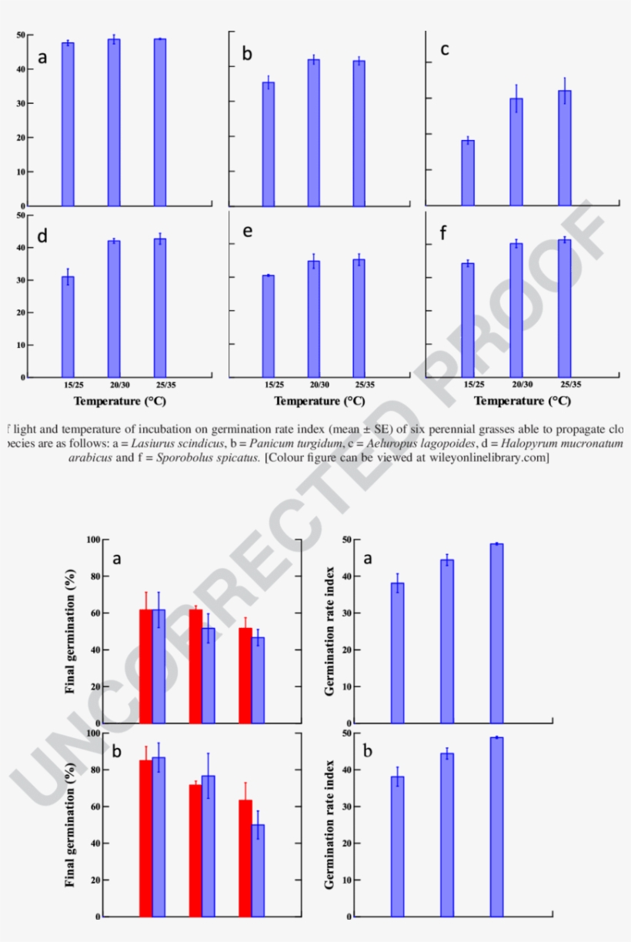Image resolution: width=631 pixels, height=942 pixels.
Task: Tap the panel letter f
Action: point(442,234)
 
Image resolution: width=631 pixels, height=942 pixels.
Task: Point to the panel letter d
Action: point(43,236)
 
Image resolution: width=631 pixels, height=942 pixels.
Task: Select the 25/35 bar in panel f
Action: point(565,308)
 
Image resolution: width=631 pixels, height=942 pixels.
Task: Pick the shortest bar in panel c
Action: point(468,173)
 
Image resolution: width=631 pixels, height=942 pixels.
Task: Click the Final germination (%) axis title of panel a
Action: point(71,631)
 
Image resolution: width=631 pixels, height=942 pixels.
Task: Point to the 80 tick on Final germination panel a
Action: point(95,576)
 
